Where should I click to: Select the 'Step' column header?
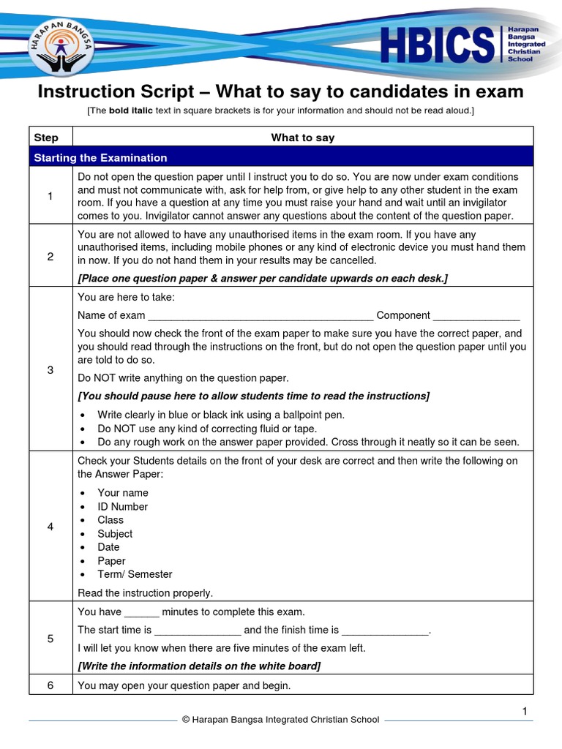46,138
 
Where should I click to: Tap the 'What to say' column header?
302,138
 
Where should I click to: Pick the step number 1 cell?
50,196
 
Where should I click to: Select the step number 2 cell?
50,255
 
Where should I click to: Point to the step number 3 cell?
50,369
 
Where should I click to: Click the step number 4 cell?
50,527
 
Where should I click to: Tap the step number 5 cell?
50,639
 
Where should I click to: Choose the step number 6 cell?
50,685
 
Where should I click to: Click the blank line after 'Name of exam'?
261,317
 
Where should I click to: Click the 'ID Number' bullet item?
122,506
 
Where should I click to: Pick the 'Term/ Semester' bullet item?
135,574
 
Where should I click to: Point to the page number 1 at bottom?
525,711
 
